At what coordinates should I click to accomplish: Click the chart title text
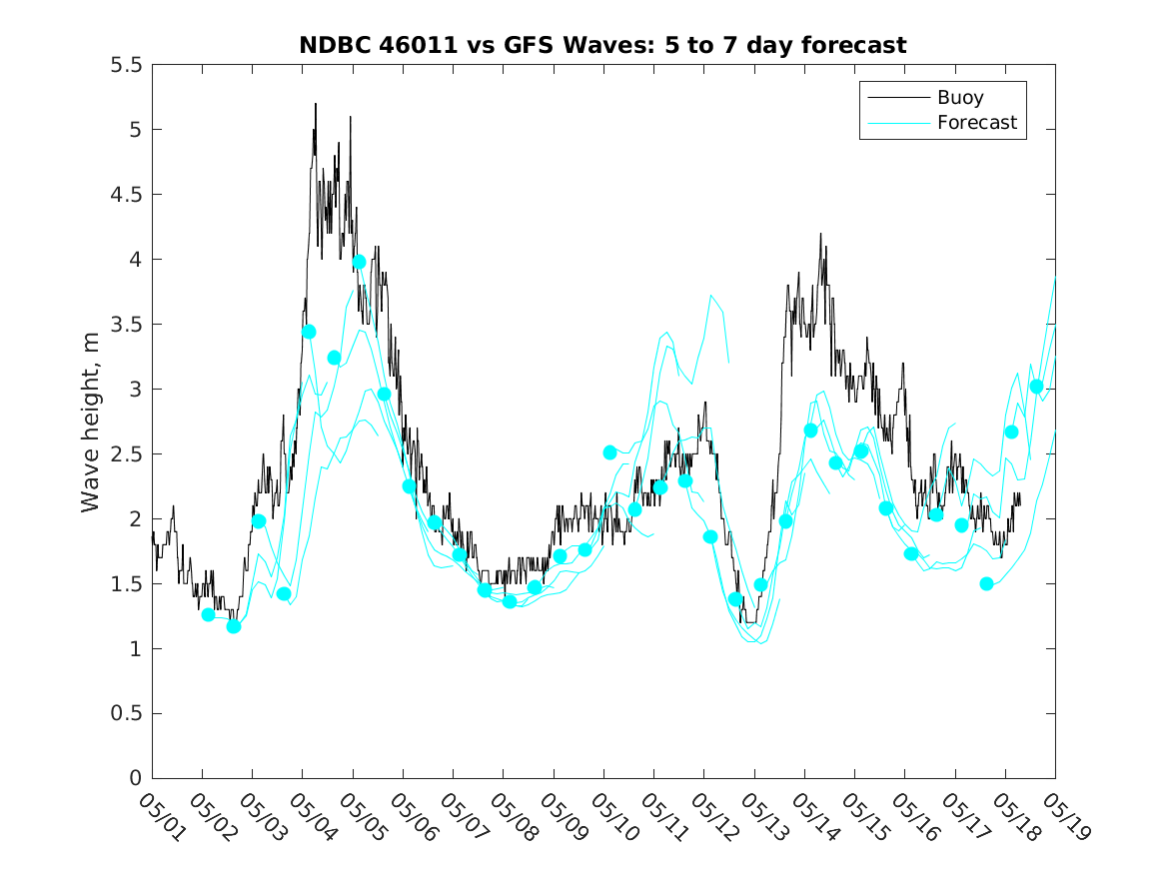[x=602, y=45]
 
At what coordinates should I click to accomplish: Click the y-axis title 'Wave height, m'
[x=90, y=423]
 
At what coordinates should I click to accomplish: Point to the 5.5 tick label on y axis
[x=126, y=65]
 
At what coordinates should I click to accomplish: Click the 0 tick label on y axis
[x=135, y=778]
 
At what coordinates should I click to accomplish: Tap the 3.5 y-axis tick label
[x=126, y=325]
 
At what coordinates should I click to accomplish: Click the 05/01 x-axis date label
[x=161, y=817]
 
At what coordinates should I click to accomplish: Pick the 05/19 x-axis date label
[x=1066, y=817]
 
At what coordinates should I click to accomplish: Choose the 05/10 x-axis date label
[x=613, y=817]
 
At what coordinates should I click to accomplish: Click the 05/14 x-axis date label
[x=814, y=817]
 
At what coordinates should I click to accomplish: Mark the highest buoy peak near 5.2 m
[x=316, y=104]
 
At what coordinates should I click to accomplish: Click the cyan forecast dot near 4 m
[x=359, y=262]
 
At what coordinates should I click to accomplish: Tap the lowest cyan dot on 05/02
[x=234, y=626]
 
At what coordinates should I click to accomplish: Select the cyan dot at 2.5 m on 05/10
[x=609, y=452]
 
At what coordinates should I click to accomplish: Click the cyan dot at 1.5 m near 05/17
[x=987, y=584]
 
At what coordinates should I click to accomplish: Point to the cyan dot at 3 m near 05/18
[x=1036, y=387]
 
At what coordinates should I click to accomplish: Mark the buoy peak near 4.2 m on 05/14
[x=820, y=234]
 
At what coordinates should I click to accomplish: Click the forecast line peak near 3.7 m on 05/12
[x=711, y=295]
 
